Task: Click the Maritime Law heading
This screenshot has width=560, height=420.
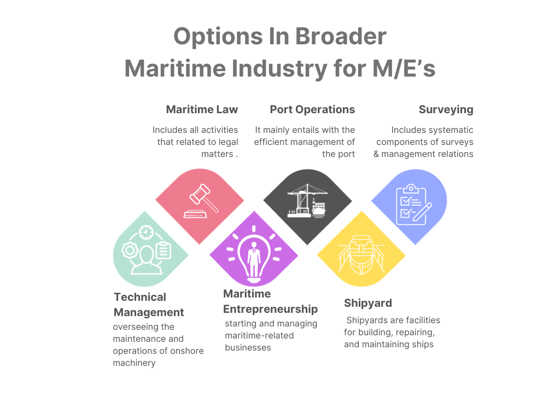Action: [202, 109]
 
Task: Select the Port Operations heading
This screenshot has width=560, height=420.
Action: [312, 109]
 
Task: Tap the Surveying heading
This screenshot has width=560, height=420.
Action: [446, 109]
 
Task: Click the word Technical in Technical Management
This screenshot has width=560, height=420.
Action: [139, 297]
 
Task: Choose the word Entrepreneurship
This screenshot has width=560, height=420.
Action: [270, 309]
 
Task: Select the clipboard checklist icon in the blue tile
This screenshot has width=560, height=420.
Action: [412, 205]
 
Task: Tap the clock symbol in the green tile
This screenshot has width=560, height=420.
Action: [146, 232]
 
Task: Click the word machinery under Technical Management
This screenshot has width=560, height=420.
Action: [134, 363]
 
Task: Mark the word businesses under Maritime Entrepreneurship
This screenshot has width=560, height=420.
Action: [248, 347]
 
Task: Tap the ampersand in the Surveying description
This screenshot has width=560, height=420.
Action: [376, 154]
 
